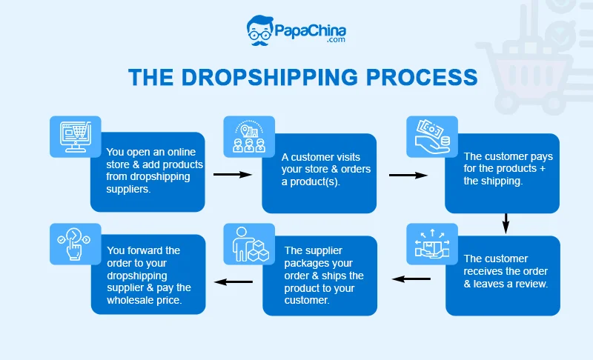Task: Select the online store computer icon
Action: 75,136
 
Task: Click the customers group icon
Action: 249,136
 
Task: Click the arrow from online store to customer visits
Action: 232,175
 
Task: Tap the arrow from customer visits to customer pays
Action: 408,175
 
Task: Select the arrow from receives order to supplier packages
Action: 411,279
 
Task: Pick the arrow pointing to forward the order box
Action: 233,281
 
